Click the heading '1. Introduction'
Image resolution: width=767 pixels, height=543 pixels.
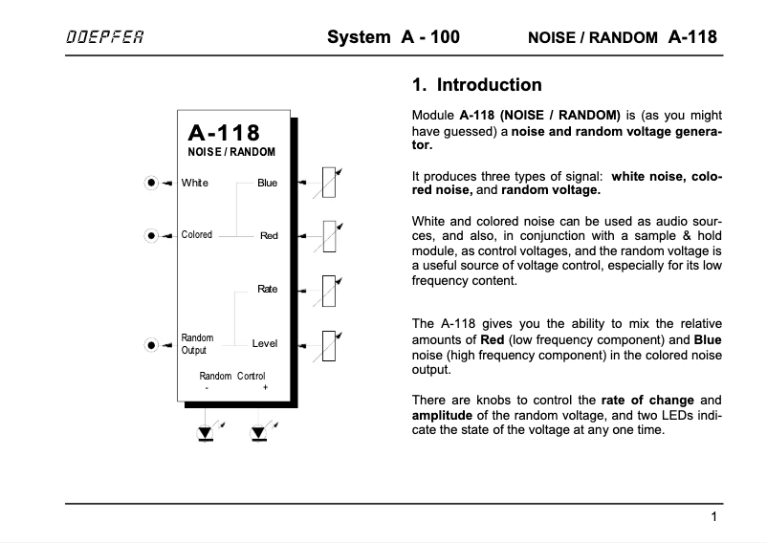[476, 85]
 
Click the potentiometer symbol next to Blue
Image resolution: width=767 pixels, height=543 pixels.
[328, 182]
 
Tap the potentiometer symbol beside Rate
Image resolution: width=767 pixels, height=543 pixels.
[328, 290]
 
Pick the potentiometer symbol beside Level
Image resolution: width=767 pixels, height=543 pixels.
[328, 343]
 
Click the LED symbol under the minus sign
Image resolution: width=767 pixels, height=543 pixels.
[206, 433]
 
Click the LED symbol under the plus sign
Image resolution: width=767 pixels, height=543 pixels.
[258, 433]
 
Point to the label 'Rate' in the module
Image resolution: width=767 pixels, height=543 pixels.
[267, 289]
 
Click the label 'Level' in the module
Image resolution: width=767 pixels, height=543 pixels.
[264, 343]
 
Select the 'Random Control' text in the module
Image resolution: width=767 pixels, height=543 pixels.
[232, 376]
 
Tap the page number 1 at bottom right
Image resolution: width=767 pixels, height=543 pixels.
[713, 518]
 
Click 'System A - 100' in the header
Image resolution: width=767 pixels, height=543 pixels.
[393, 38]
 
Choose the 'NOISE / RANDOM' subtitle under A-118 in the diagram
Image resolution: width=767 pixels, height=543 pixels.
[231, 153]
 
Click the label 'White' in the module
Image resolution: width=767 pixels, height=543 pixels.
[194, 183]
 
